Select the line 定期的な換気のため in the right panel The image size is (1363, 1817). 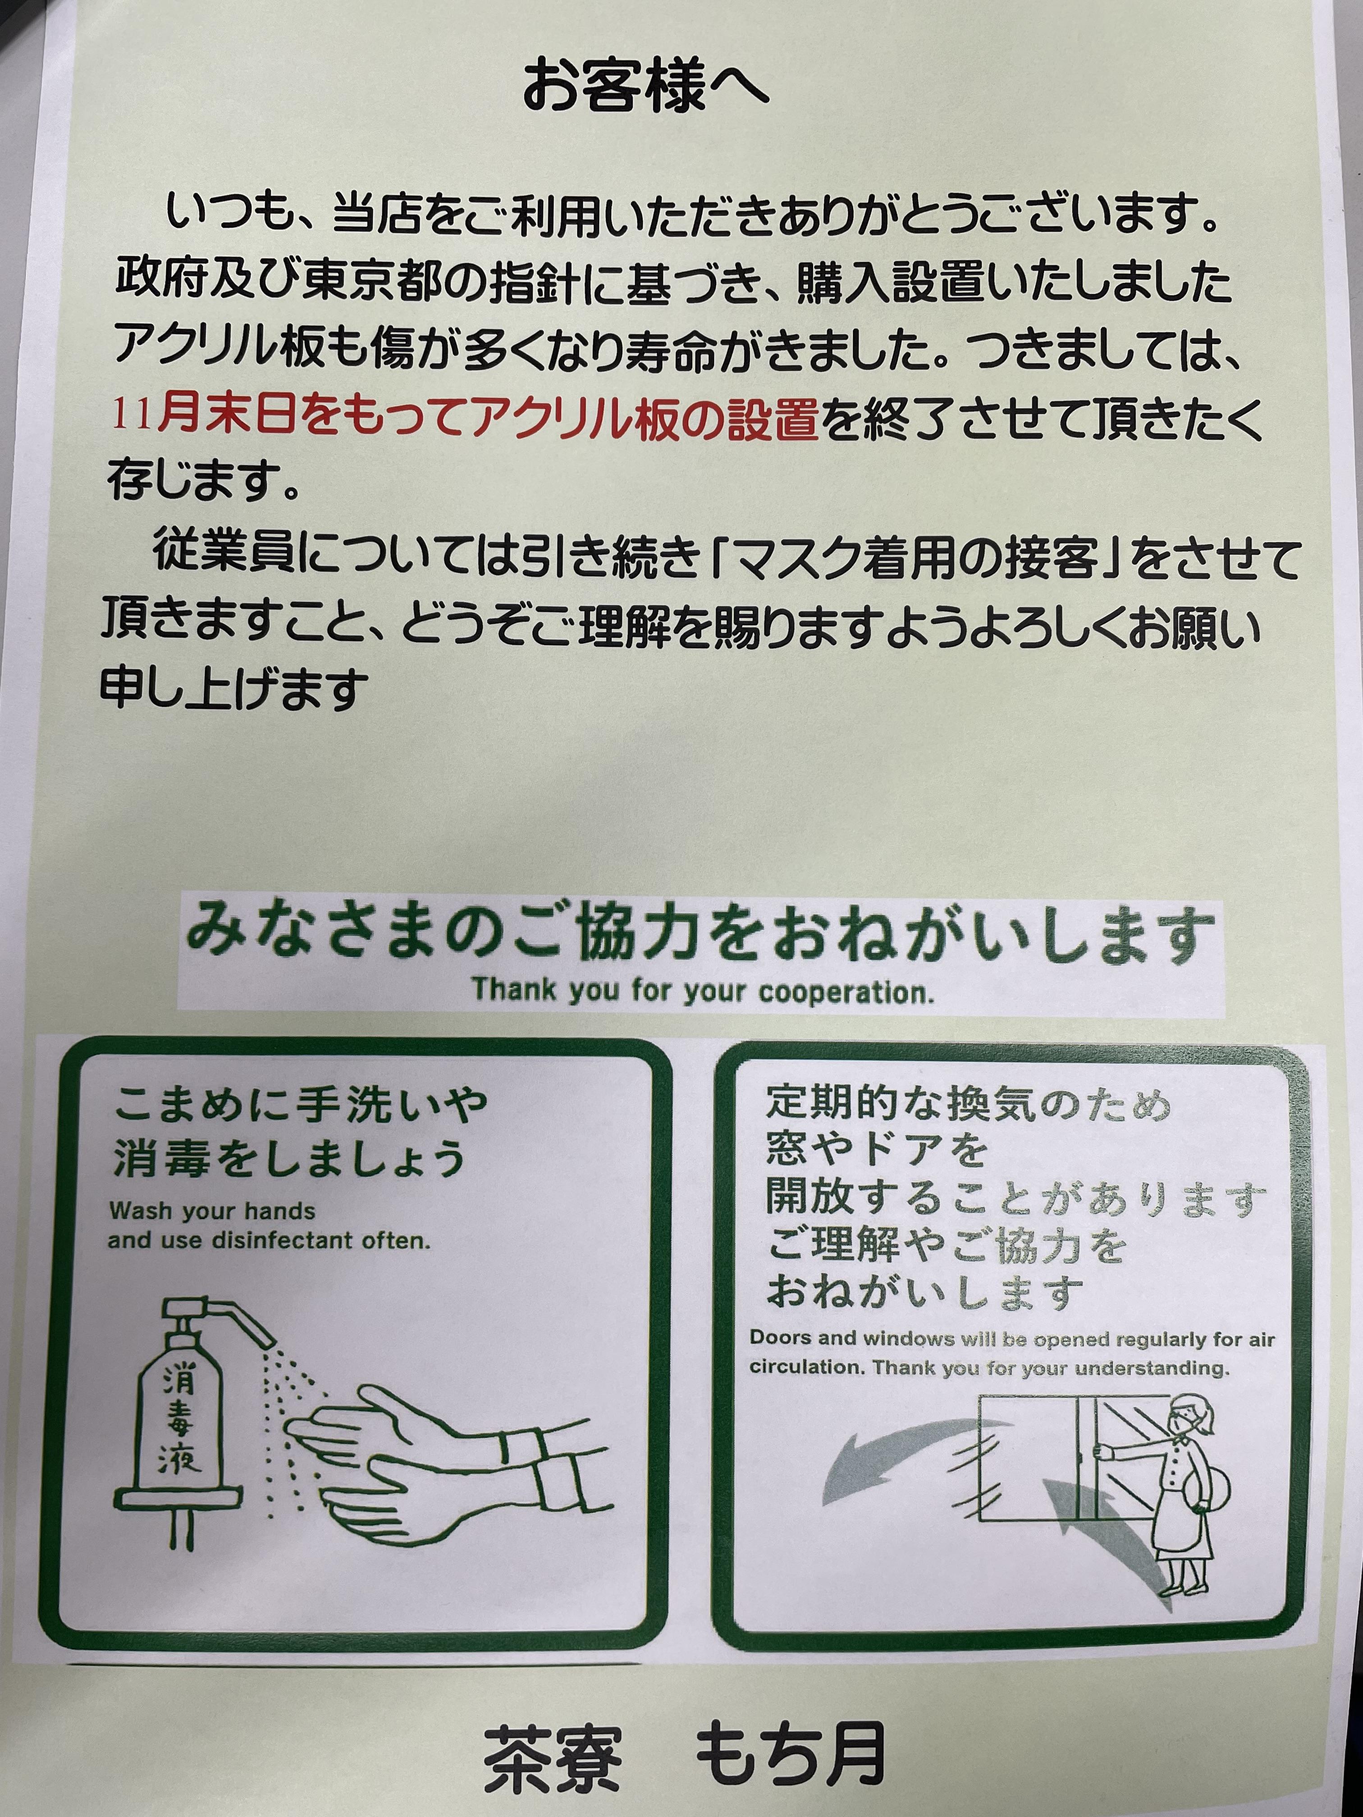(x=968, y=1103)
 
